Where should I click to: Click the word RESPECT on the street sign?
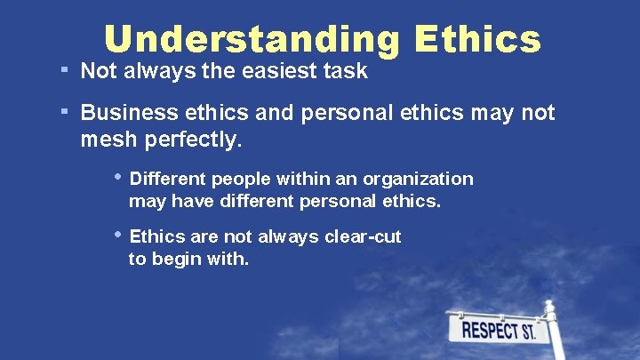pyautogui.click(x=489, y=332)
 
